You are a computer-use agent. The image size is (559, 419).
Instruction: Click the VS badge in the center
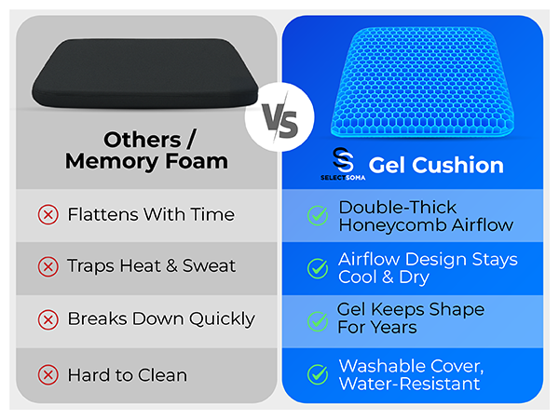coord(279,119)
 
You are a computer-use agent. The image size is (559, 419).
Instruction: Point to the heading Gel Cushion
coord(436,166)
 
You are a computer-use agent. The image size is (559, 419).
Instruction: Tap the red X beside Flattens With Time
coord(47,215)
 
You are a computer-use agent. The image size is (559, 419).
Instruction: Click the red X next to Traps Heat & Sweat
coord(47,267)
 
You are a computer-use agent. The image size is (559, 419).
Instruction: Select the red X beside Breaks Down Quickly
coord(47,319)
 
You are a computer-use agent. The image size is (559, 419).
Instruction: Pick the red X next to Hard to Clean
coord(47,376)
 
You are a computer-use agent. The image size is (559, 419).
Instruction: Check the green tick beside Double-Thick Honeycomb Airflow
coord(318,216)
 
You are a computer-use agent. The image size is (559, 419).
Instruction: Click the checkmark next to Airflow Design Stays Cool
coord(318,268)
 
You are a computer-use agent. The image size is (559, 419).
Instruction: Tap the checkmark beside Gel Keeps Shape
coord(318,320)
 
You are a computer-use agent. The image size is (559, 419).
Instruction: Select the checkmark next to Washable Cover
coord(318,374)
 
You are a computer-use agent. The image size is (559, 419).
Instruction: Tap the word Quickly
coord(221,319)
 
